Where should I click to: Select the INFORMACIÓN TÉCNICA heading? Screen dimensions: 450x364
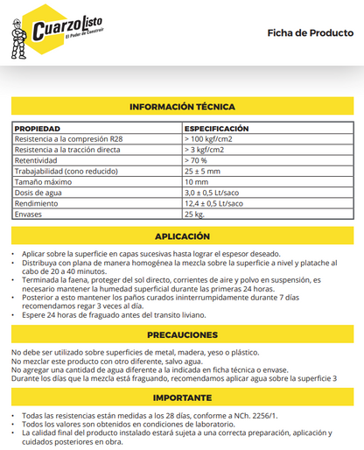[182, 106]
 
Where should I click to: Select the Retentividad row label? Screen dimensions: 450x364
[37, 161]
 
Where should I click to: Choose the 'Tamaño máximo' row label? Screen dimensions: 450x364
[43, 182]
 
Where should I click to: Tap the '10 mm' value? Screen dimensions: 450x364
[195, 182]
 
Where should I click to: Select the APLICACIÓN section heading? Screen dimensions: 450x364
[182, 236]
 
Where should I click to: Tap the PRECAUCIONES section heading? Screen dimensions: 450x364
[182, 335]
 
